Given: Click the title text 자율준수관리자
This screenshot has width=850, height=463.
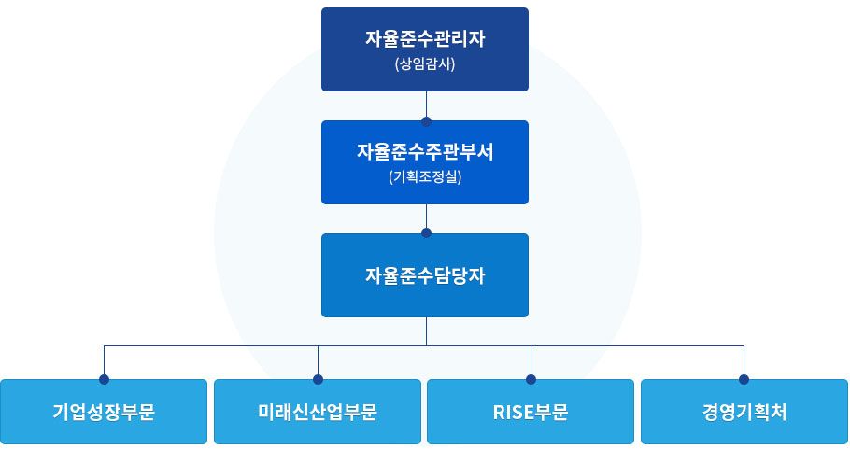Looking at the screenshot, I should tap(425, 39).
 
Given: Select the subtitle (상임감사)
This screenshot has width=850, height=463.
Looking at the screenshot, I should tap(425, 65).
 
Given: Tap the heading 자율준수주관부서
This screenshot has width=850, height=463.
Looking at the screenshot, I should tap(425, 151).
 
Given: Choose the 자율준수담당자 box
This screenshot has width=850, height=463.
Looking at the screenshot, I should tap(425, 275).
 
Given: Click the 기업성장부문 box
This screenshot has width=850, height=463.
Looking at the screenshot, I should tap(104, 412).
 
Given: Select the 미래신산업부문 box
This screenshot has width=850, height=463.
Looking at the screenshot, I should tap(318, 412).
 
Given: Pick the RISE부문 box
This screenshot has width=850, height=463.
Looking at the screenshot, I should tap(531, 412).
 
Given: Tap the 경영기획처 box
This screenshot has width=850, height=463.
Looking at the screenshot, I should tap(744, 412).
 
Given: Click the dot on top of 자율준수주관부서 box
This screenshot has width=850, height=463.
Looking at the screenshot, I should tap(426, 120).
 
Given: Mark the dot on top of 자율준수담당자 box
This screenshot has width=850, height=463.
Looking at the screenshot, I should tap(426, 233).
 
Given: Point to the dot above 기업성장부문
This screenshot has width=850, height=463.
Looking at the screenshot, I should tap(104, 379).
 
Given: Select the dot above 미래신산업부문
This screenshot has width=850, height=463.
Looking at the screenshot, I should tap(318, 379).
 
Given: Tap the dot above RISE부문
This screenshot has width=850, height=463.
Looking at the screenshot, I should tap(531, 379).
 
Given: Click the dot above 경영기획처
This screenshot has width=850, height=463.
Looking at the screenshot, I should tap(744, 379).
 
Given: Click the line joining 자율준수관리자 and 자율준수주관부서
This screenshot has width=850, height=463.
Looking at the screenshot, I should tap(426, 105).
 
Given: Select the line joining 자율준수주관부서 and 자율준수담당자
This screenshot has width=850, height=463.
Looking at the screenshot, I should tap(426, 217).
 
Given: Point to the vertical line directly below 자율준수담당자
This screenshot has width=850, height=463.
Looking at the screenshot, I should tap(426, 330).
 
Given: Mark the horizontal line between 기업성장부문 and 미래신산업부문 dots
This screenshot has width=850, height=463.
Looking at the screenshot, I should tap(210, 345).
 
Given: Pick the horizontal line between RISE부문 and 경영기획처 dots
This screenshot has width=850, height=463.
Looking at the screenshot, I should tap(637, 345).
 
